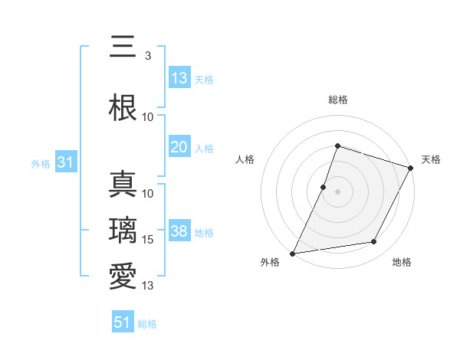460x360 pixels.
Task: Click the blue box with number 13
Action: coord(179,78)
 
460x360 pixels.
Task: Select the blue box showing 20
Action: coord(179,147)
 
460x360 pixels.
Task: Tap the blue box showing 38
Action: coord(179,231)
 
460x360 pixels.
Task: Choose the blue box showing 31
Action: coord(66,162)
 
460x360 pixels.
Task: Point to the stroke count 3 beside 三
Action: coord(147,56)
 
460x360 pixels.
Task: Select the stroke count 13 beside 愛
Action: coord(148,286)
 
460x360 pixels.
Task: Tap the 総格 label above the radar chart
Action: coord(337,100)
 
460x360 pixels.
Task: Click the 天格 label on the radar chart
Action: coord(431,159)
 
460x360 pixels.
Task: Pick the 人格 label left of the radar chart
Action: coord(245,159)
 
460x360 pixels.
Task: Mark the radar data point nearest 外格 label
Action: coord(293,253)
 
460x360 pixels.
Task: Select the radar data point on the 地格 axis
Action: coord(374,242)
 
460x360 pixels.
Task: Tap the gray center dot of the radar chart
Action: coord(337,191)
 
